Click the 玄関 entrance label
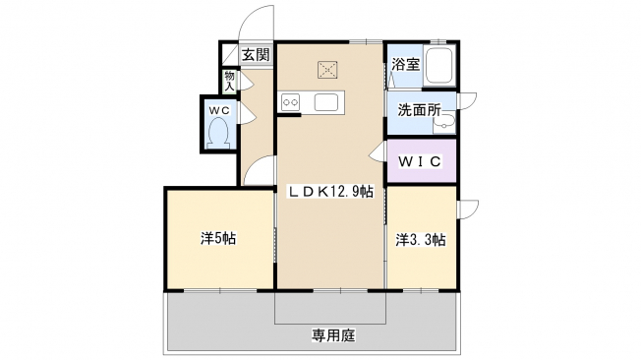click(256, 54)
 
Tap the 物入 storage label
click(230, 81)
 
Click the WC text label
click(219, 110)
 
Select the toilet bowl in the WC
click(218, 134)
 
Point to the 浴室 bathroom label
click(405, 64)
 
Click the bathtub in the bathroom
click(439, 66)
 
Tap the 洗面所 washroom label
click(420, 109)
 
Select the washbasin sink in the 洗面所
click(444, 122)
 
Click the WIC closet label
click(420, 161)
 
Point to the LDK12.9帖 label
click(331, 192)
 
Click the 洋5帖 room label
click(218, 238)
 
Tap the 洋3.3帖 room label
click(420, 240)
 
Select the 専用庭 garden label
click(333, 335)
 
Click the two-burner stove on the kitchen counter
click(291, 102)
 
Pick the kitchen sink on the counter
click(326, 102)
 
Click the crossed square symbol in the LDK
click(327, 70)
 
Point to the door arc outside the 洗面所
click(468, 100)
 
